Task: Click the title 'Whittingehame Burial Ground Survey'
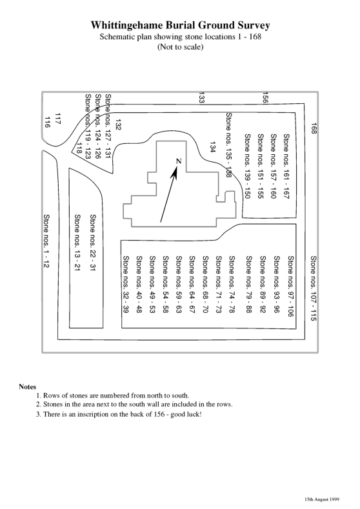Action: click(x=180, y=25)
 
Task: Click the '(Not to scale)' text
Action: click(x=181, y=46)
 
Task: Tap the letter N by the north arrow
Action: click(x=179, y=161)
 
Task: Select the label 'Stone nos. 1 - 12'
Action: click(x=46, y=241)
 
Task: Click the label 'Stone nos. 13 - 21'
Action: click(x=77, y=243)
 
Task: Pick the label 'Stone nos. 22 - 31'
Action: click(x=93, y=243)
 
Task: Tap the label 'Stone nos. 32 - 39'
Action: click(x=126, y=284)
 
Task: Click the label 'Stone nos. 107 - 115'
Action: click(x=314, y=288)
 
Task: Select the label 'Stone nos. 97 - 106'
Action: click(x=291, y=286)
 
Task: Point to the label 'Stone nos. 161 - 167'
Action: click(x=286, y=166)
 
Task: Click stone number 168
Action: click(x=314, y=128)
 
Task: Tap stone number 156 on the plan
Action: click(x=265, y=97)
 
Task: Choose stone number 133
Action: click(x=201, y=97)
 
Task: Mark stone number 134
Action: click(x=213, y=146)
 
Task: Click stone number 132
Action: click(x=118, y=125)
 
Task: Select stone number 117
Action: click(x=58, y=119)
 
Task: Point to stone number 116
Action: click(x=47, y=122)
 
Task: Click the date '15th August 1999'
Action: click(x=322, y=499)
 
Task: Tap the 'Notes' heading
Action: click(x=28, y=386)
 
